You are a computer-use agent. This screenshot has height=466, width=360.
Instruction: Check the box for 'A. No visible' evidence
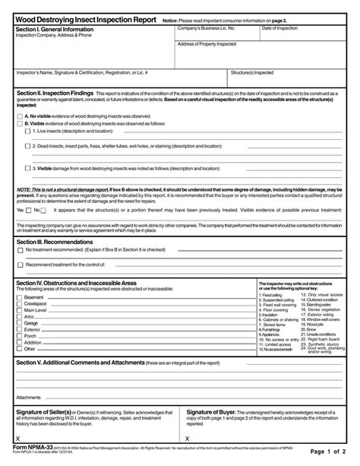(20, 116)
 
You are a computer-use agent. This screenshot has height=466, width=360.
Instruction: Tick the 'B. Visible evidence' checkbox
(20, 123)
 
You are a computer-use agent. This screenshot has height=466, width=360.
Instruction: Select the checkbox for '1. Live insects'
(27, 131)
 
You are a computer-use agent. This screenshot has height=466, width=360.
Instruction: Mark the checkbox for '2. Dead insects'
(27, 146)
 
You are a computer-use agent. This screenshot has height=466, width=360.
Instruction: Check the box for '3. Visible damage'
(27, 169)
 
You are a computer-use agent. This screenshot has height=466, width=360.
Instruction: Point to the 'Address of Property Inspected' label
(207, 44)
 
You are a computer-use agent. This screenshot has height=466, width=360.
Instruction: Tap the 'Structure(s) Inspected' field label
(253, 73)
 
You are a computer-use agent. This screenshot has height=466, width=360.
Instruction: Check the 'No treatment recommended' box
(20, 249)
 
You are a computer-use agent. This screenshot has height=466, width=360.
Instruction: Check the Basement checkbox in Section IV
(20, 297)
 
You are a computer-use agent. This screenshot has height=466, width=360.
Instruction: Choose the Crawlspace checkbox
(20, 303)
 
